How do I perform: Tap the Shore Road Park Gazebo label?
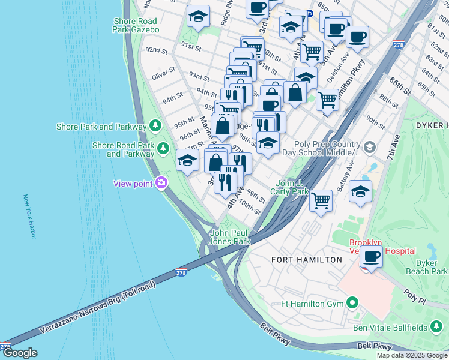coord(136,25)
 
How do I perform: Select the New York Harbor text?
coord(29,216)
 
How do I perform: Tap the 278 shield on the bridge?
coord(182,273)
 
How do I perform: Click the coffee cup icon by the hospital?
coord(370,257)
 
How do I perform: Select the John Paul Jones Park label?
coord(229,237)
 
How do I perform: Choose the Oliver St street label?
coord(163,75)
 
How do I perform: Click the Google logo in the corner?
coord(20,353)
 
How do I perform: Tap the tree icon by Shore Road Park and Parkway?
coord(163,147)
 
